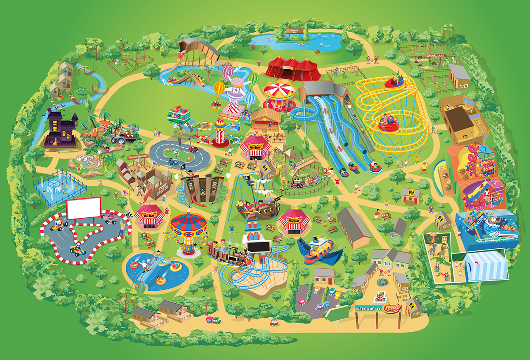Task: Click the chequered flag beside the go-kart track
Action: pyautogui.click(x=128, y=215)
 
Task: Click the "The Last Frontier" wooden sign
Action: pyautogui.click(x=136, y=157)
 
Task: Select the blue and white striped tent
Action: pyautogui.click(x=486, y=265)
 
